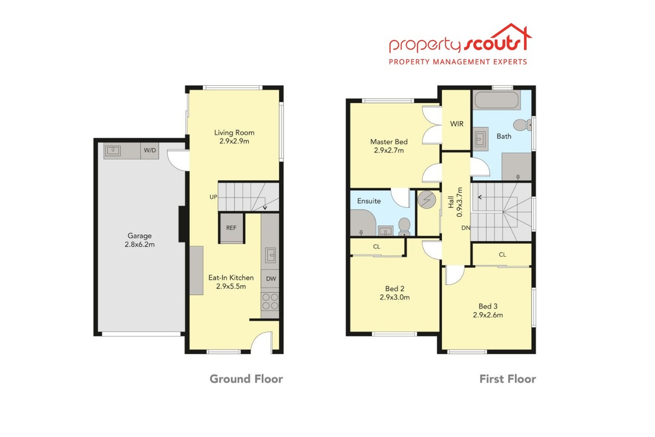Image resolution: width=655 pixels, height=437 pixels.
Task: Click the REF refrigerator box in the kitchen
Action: pyautogui.click(x=231, y=228)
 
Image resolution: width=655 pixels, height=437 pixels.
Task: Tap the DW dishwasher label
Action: pyautogui.click(x=271, y=279)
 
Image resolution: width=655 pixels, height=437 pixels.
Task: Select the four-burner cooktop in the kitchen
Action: pyautogui.click(x=270, y=301)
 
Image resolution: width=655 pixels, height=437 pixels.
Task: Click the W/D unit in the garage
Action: pyautogui.click(x=150, y=151)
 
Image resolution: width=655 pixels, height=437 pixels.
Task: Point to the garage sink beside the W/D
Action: pyautogui.click(x=112, y=151)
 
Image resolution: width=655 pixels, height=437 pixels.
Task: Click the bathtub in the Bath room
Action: pyautogui.click(x=497, y=100)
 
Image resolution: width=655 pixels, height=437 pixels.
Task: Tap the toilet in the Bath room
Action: pyautogui.click(x=522, y=125)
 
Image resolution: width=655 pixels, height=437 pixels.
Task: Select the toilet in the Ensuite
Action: pyautogui.click(x=404, y=227)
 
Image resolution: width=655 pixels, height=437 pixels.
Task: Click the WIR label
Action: pyautogui.click(x=457, y=124)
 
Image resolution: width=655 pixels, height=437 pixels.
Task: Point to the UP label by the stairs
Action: pyautogui.click(x=213, y=197)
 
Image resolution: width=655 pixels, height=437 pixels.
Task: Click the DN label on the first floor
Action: pyautogui.click(x=466, y=228)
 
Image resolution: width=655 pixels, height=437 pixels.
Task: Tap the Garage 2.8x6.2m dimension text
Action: pyautogui.click(x=140, y=245)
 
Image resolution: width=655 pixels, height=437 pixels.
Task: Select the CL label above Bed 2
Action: pyautogui.click(x=377, y=247)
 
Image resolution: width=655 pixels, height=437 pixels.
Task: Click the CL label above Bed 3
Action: pyautogui.click(x=502, y=255)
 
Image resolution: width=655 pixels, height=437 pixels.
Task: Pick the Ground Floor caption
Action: pyautogui.click(x=246, y=379)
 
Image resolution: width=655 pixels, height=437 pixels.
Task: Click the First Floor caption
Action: pyautogui.click(x=508, y=379)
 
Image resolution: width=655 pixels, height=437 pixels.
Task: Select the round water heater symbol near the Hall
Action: pyautogui.click(x=427, y=200)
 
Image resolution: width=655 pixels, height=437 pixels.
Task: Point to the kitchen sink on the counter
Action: pyautogui.click(x=270, y=255)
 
